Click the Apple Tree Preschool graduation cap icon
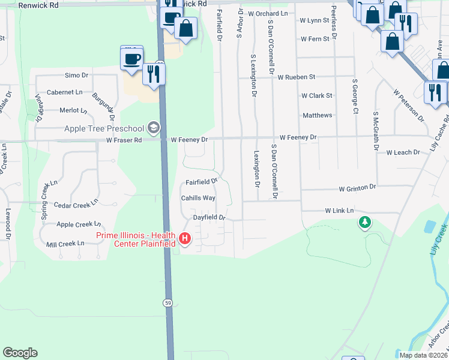coord(154,128)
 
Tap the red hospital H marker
coord(185,239)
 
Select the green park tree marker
coord(364,223)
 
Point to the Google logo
coord(20,353)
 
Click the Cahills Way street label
coord(198,197)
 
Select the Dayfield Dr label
coord(208,217)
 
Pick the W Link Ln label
coord(339,211)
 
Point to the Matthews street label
coord(318,115)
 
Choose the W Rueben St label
coord(296,77)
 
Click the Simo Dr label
coord(76,76)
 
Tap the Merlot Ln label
coord(73,110)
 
